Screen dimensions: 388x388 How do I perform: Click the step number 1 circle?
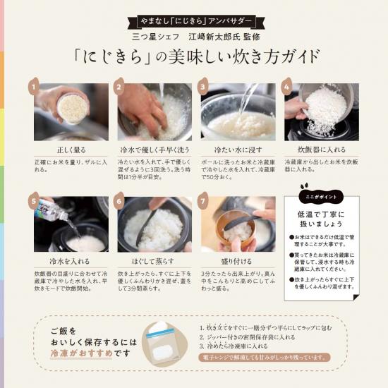(x=33, y=87)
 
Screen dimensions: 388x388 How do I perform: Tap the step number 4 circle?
(x=287, y=87)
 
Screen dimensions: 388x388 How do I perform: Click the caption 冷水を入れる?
(x=71, y=260)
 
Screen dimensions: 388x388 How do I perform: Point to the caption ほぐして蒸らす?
(x=154, y=260)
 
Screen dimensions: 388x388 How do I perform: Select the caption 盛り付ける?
(x=238, y=260)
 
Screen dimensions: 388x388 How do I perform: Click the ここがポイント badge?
(x=315, y=197)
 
